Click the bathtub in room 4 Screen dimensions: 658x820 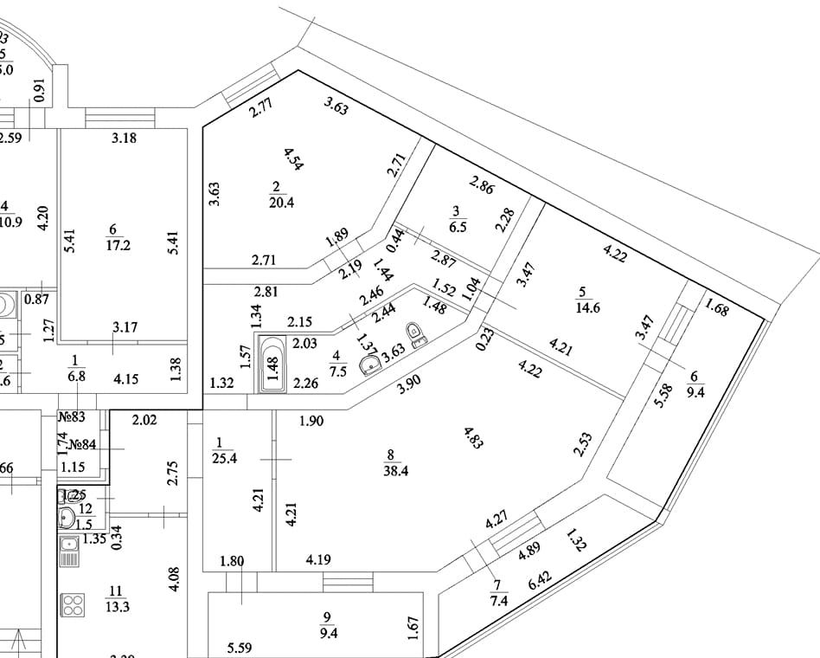coord(274,364)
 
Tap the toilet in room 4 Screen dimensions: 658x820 coord(415,333)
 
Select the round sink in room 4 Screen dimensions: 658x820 coord(373,364)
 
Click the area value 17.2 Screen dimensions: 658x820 coord(118,246)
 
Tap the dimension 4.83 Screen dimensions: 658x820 coord(473,438)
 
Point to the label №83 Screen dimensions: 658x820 coord(72,417)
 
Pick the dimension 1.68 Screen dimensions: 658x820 coord(717,308)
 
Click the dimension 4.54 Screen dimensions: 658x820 coord(294,159)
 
